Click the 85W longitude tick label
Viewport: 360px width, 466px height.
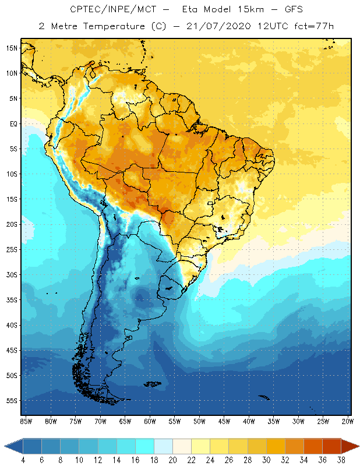click(26, 421)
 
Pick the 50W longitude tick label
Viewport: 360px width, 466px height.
click(199, 421)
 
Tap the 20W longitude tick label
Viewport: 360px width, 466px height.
click(348, 421)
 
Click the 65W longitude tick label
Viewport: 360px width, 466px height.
click(125, 421)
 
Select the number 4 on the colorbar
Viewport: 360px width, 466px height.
click(23, 460)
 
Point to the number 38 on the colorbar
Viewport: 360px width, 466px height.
click(341, 460)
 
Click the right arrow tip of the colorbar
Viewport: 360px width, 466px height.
click(358, 446)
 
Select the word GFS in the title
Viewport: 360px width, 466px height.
click(293, 10)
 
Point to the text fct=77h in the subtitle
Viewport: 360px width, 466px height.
click(315, 26)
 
